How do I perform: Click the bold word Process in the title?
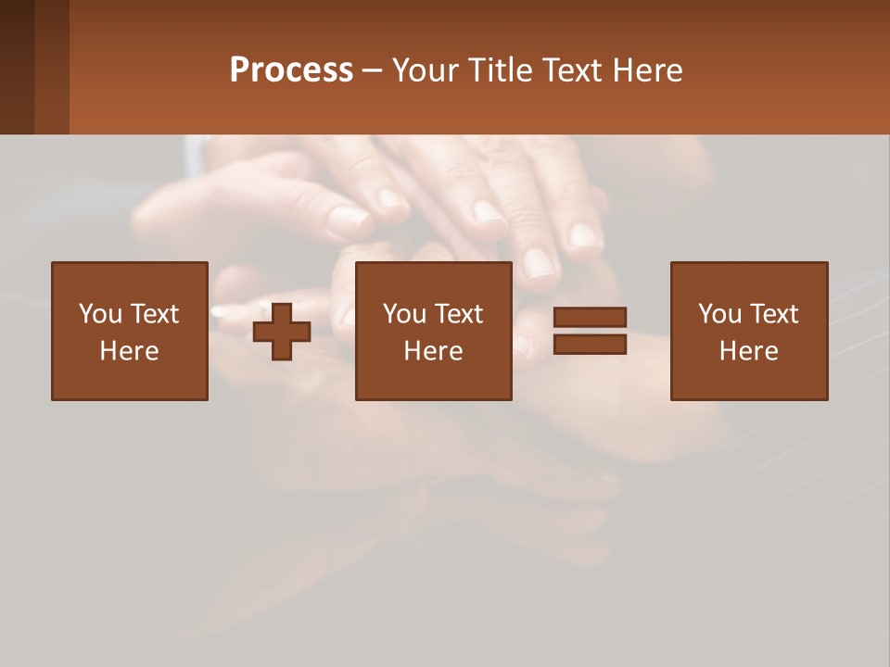[291, 70]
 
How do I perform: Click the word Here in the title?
[651, 70]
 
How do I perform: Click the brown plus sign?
[282, 333]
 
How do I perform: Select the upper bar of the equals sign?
[590, 317]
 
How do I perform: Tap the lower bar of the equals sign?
[590, 345]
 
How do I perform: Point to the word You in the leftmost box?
[100, 314]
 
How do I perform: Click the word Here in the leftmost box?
[129, 351]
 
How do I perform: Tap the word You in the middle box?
[404, 314]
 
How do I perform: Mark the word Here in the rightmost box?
[748, 351]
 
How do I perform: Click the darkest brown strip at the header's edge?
[17, 67]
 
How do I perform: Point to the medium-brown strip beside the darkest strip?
[52, 67]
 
